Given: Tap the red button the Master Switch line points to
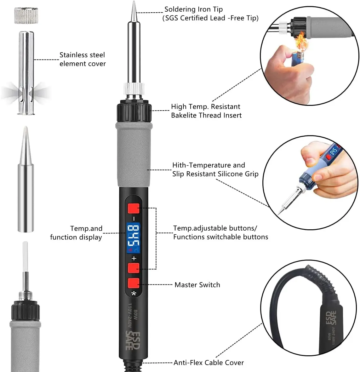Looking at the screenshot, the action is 134,283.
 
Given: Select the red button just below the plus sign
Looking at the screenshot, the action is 134,268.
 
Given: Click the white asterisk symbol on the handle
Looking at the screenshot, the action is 134,294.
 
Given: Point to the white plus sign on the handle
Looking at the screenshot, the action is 134,258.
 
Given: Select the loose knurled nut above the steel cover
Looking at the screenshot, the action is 26,15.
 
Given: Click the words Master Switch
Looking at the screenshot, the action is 197,285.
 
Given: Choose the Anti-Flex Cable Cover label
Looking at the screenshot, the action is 209,363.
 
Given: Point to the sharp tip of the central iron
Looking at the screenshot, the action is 134,2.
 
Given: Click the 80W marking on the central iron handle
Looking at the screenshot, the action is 136,315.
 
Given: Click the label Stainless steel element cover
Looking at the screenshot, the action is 82,59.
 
